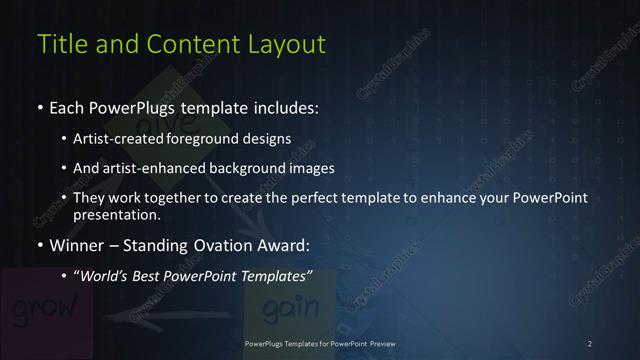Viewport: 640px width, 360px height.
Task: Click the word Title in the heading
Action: [x=60, y=44]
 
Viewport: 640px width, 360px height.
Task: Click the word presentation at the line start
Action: [x=116, y=214]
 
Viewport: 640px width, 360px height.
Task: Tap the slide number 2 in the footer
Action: [x=590, y=343]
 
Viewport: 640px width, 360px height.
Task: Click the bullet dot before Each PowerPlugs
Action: [x=40, y=107]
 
